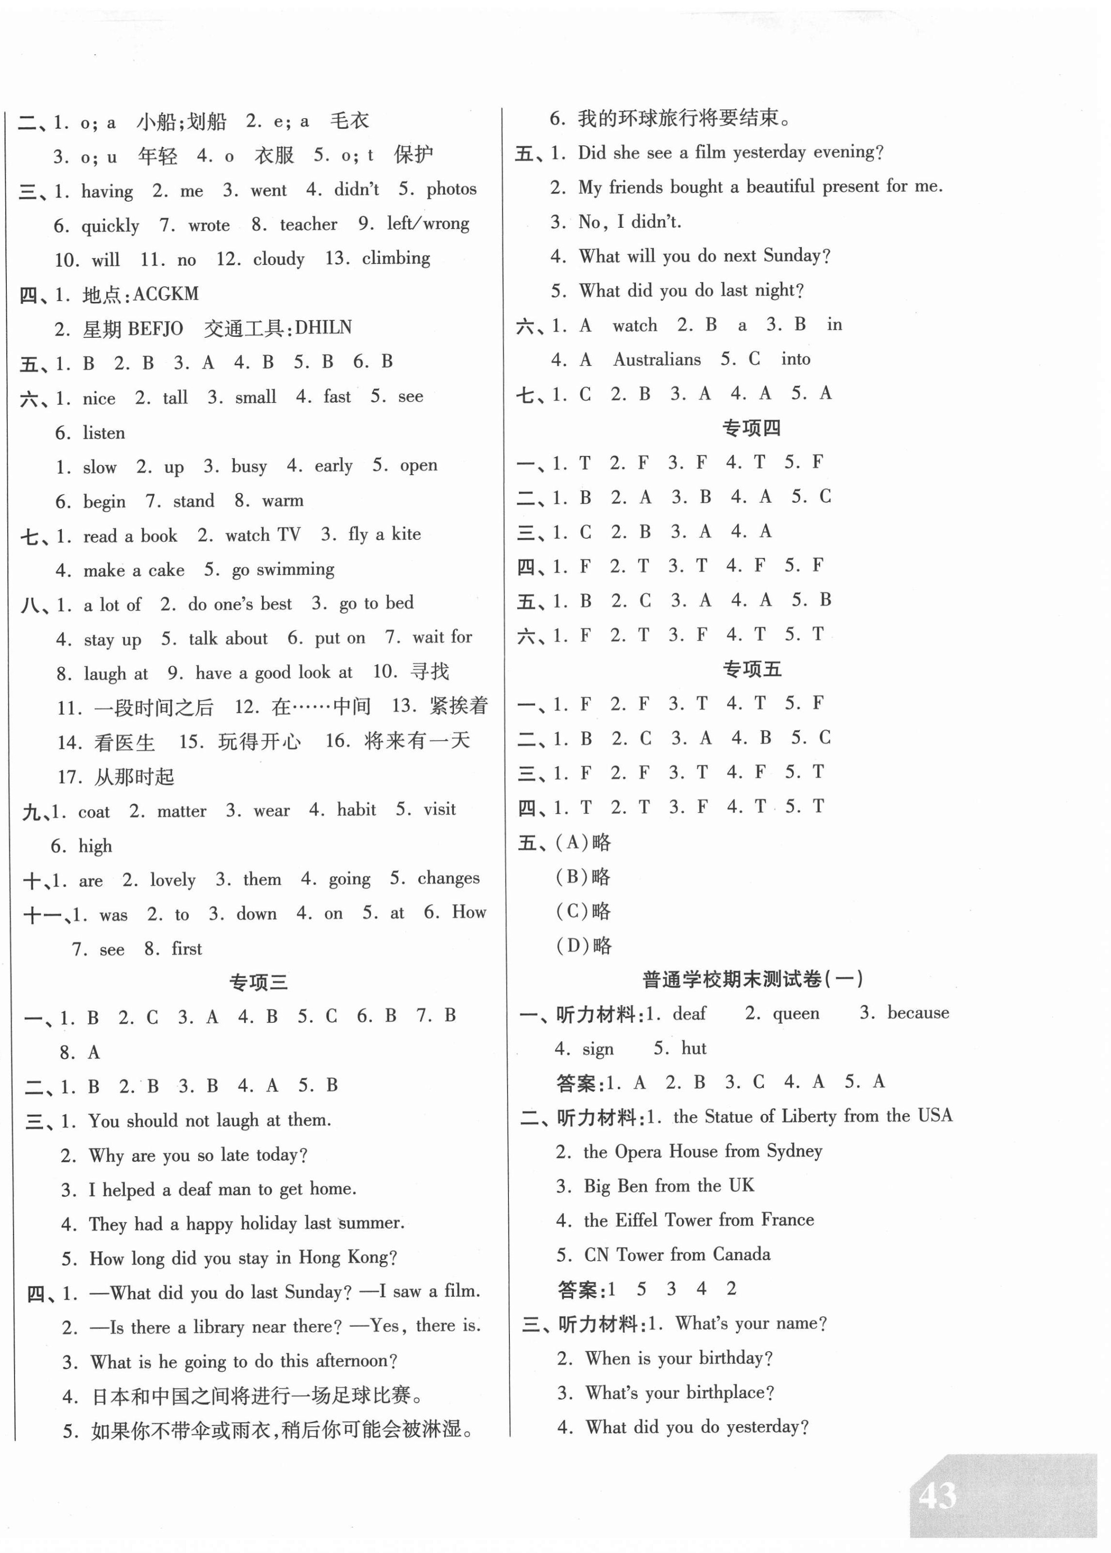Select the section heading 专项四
[x=751, y=428]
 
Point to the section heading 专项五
[x=751, y=669]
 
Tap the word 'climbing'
[x=396, y=259]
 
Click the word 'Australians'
[x=657, y=359]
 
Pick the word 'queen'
[x=796, y=1013]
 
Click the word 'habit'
[x=357, y=810]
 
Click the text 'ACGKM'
[x=166, y=294]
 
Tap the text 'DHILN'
[x=323, y=328]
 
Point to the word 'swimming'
[x=301, y=569]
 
